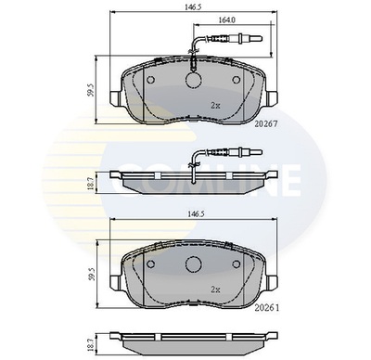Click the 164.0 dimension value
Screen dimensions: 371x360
pos(227,20)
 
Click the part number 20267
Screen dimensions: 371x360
pos(266,123)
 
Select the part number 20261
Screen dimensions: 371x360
pos(267,308)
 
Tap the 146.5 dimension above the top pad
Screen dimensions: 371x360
pos(193,6)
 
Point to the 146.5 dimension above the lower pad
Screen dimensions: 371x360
pos(193,213)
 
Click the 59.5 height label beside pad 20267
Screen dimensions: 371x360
pos(90,90)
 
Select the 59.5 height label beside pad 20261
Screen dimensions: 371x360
pos(90,274)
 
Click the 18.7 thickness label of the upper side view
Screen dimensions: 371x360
pos(90,183)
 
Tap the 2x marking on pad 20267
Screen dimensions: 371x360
pos(215,106)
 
